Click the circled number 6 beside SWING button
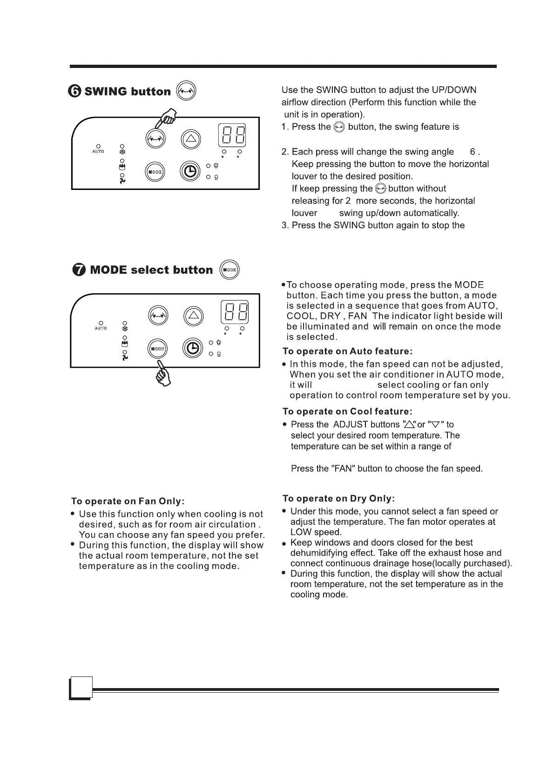click(x=76, y=91)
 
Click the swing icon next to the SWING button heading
click(x=186, y=91)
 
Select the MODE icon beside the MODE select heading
click(x=229, y=270)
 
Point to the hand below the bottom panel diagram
click(x=163, y=374)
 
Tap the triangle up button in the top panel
click(x=192, y=139)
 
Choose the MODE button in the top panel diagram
click(x=155, y=172)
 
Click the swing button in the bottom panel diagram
click(x=158, y=316)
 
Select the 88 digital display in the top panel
click(x=232, y=135)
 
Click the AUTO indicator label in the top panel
click(x=98, y=152)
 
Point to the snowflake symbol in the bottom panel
click(x=124, y=329)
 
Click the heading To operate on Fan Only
click(x=128, y=501)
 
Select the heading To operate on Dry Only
click(x=338, y=499)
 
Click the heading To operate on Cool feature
click(x=347, y=412)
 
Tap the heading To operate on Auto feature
click(x=347, y=351)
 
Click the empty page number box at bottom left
click(x=81, y=688)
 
